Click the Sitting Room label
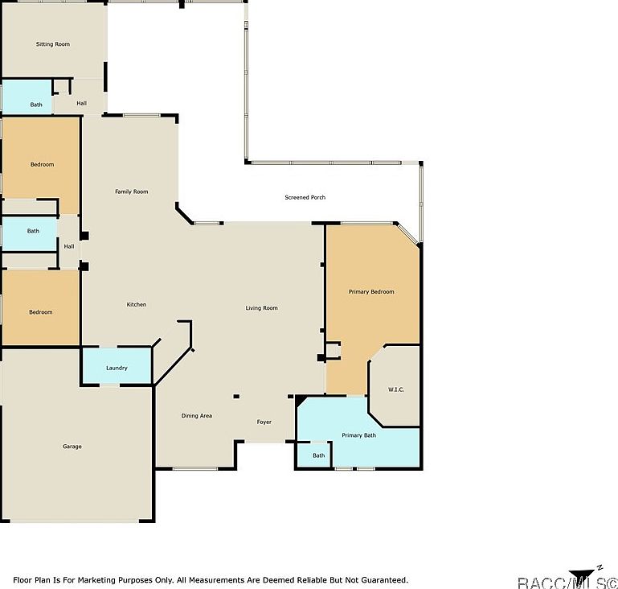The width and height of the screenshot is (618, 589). pyautogui.click(x=52, y=44)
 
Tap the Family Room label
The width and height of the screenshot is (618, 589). pyautogui.click(x=131, y=192)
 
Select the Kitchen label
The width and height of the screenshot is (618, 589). pyautogui.click(x=137, y=304)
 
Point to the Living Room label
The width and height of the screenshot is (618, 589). pyautogui.click(x=261, y=308)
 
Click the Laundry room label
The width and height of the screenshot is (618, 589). pyautogui.click(x=117, y=368)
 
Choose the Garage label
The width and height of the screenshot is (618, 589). pyautogui.click(x=72, y=447)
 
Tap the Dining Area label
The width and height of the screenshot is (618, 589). pyautogui.click(x=196, y=415)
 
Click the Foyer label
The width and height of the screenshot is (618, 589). pyautogui.click(x=264, y=422)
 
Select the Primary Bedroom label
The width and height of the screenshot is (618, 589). pyautogui.click(x=371, y=291)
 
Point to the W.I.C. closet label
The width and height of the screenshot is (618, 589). pyautogui.click(x=395, y=389)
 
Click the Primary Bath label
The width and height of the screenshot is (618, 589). pyautogui.click(x=358, y=435)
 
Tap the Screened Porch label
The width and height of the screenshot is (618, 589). pyautogui.click(x=305, y=197)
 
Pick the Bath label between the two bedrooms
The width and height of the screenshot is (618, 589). pyautogui.click(x=33, y=231)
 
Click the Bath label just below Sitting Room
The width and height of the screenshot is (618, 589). pyautogui.click(x=36, y=105)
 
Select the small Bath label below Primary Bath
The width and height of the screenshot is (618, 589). pyautogui.click(x=319, y=455)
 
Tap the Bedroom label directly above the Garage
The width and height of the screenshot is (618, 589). pyautogui.click(x=41, y=312)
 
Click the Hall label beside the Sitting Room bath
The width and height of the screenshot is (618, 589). pyautogui.click(x=82, y=103)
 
